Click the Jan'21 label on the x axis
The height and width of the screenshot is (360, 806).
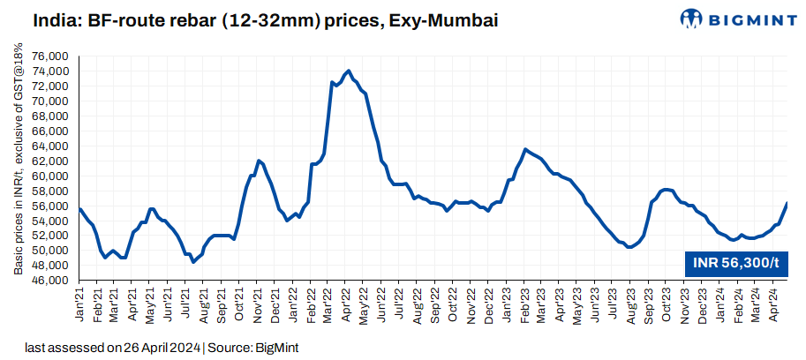(x=79, y=303)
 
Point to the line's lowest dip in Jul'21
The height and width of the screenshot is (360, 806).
(x=193, y=262)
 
